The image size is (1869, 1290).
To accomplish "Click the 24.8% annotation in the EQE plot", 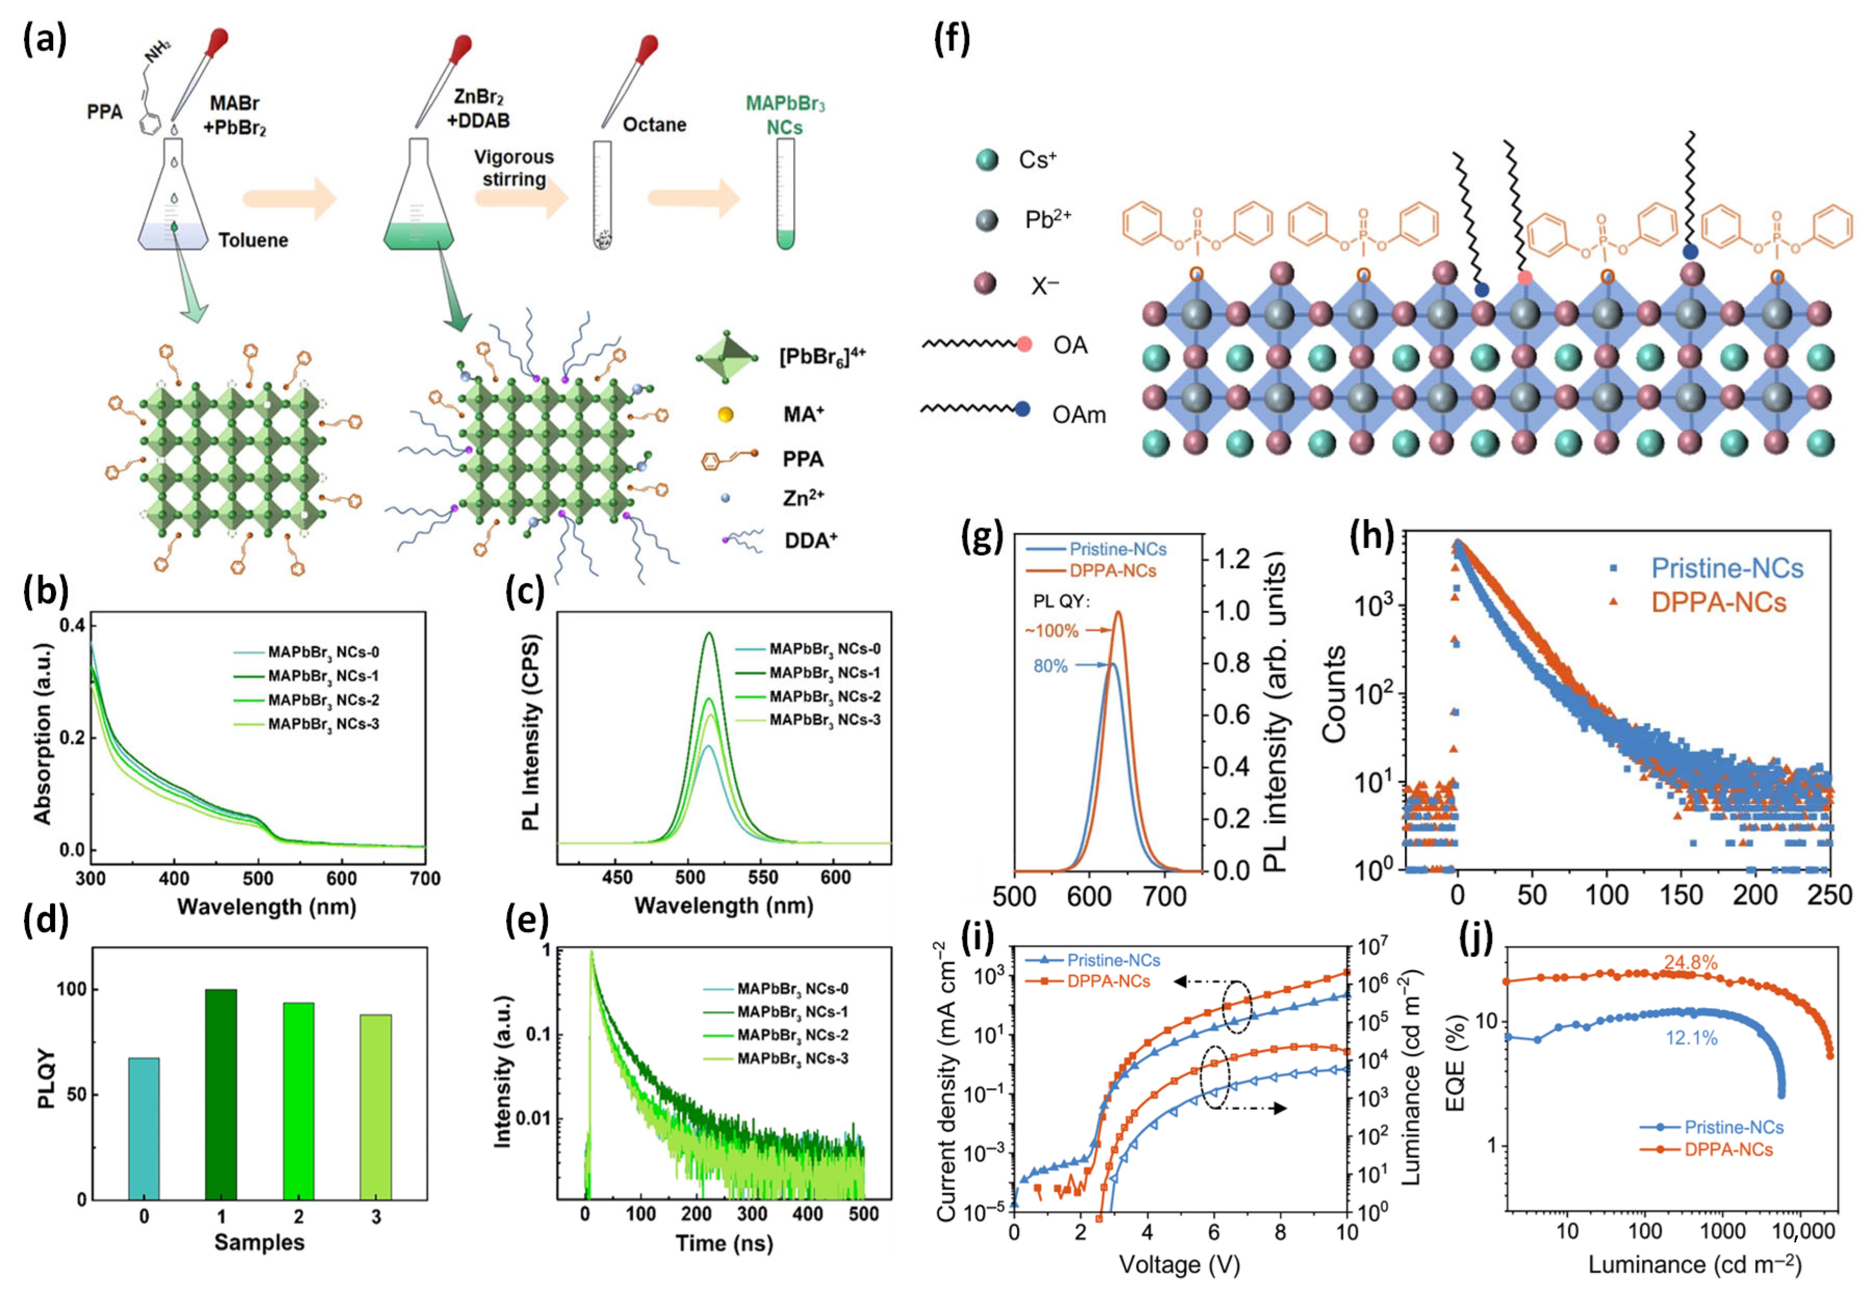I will (x=1691, y=962).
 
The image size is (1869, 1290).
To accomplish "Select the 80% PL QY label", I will (x=1050, y=666).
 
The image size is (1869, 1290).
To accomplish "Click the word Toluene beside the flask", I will (x=253, y=240).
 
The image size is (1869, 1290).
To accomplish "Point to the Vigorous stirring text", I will (x=514, y=167).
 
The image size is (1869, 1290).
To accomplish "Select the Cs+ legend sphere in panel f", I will (x=987, y=160).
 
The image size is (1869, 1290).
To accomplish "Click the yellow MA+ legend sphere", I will (x=725, y=415).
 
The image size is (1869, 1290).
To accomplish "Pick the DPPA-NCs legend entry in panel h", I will (x=1718, y=602).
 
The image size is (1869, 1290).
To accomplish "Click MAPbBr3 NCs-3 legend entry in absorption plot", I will (x=324, y=724).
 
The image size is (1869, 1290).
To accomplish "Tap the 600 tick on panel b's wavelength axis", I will (x=341, y=879).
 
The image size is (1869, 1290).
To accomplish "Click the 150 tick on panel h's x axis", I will (x=1681, y=895).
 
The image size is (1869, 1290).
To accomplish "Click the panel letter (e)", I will (x=526, y=920).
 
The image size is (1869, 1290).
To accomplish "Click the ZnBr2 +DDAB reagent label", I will (x=480, y=108).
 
